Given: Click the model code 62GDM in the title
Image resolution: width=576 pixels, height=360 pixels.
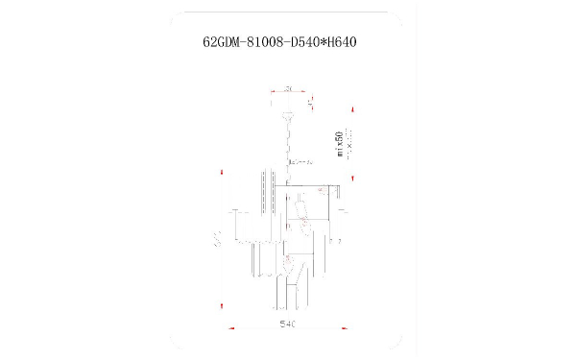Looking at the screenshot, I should tap(225, 43).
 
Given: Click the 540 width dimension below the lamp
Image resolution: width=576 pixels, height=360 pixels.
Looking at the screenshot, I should tap(287, 325).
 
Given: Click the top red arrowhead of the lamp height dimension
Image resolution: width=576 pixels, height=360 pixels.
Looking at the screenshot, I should tap(223, 173).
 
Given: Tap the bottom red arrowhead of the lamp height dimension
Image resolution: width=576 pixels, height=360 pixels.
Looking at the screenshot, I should tap(223, 305).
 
